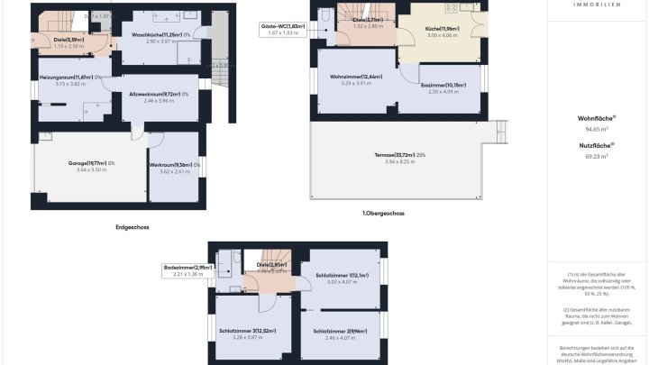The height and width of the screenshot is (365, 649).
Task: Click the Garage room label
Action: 91,163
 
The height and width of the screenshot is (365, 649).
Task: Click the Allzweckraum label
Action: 157,94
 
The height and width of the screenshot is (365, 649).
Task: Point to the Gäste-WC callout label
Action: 282,27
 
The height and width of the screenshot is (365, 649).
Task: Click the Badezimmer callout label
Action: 187,267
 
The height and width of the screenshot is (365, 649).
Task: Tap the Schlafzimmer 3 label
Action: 252,331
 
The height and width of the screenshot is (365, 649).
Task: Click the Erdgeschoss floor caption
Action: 133,227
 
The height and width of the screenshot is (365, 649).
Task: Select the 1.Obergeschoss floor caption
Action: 383,214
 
